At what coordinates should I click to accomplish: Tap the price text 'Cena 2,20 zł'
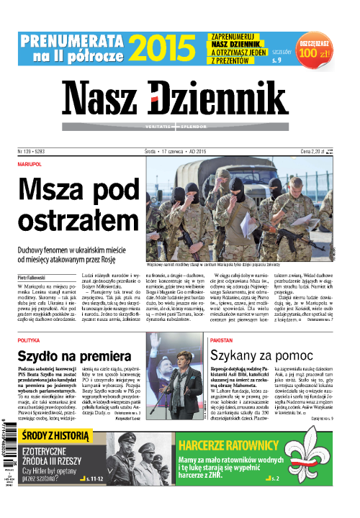click(x=315, y=151)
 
